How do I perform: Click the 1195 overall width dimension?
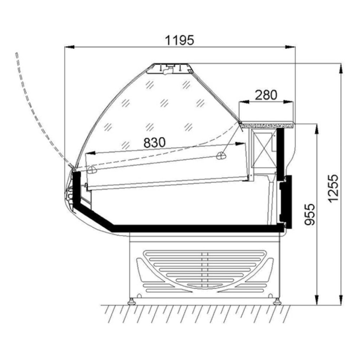(180, 40)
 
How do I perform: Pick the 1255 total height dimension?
(333, 188)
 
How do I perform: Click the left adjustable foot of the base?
(132, 301)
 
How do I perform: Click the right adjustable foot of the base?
(277, 301)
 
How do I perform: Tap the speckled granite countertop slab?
(267, 125)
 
